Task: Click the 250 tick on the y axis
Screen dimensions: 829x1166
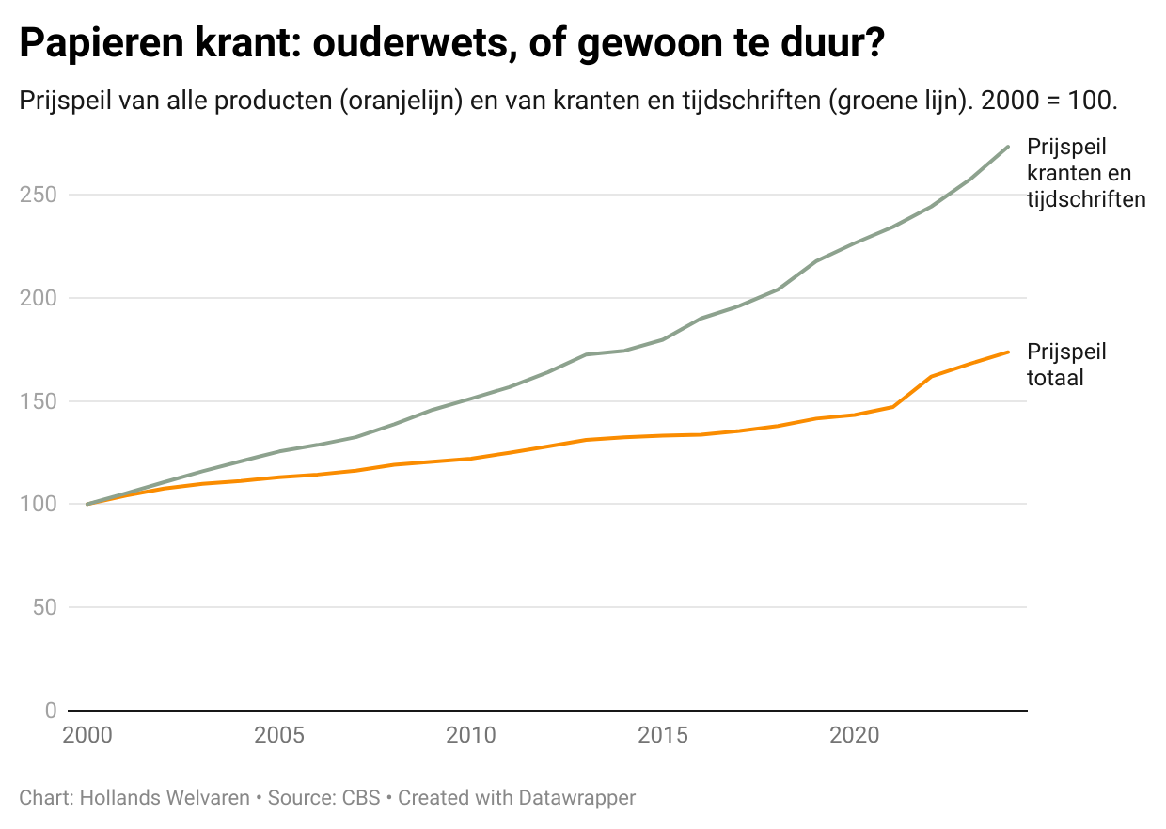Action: click(x=39, y=195)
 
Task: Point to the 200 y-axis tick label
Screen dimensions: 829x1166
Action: click(x=39, y=298)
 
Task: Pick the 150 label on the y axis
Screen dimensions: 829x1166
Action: click(x=39, y=401)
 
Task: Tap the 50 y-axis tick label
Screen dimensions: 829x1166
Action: click(x=44, y=607)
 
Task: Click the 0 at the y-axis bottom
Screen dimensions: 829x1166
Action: click(x=51, y=711)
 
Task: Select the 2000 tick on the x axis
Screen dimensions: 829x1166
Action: click(x=87, y=734)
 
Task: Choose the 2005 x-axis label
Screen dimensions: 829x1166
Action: click(x=279, y=734)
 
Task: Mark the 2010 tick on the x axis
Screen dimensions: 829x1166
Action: click(x=471, y=734)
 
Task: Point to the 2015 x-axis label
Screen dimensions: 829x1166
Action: click(x=663, y=734)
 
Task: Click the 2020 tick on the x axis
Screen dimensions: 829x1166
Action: click(x=855, y=734)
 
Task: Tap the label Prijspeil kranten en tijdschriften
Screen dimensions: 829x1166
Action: click(x=1085, y=173)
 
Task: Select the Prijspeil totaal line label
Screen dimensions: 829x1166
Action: click(x=1066, y=365)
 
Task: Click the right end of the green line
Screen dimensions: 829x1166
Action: click(x=1008, y=147)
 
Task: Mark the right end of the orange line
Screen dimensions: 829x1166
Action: click(x=1008, y=352)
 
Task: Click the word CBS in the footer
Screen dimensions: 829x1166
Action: click(x=361, y=798)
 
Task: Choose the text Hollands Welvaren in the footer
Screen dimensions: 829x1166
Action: click(x=165, y=798)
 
